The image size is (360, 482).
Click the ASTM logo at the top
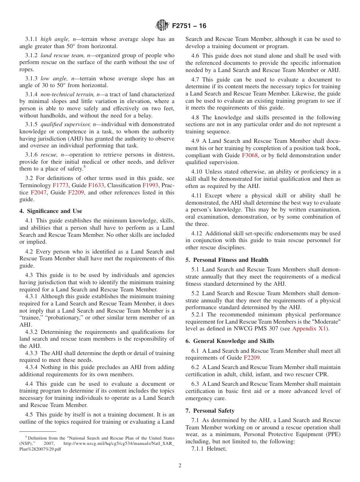click(x=162, y=26)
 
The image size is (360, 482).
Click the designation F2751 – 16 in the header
click(x=189, y=26)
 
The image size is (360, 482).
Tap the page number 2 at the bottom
click(x=180, y=466)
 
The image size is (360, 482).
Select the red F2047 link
click(x=38, y=192)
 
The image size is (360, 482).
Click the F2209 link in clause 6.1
click(x=252, y=358)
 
